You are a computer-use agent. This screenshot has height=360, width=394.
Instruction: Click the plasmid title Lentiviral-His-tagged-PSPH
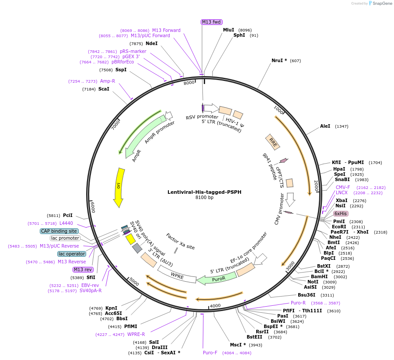204,192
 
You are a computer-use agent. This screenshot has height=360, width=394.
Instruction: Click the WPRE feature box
177,276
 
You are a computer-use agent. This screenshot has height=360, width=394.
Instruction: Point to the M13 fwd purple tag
212,22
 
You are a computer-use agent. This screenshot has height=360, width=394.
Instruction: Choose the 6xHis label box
340,213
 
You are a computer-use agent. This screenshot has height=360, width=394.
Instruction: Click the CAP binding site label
59,231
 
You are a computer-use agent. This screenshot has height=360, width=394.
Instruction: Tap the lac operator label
72,254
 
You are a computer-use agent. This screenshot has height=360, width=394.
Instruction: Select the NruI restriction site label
279,60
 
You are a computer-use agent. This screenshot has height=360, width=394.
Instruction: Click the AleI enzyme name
325,126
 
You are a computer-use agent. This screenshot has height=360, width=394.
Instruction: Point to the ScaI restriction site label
104,89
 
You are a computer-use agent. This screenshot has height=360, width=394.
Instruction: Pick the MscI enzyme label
238,345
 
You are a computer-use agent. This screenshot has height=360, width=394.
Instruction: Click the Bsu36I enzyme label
310,295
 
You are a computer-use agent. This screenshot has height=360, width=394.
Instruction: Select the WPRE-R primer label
136,335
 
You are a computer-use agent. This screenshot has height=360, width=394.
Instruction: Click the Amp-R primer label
108,81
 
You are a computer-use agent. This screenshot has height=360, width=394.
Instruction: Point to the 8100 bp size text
204,198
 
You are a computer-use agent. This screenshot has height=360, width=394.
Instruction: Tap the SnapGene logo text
379,3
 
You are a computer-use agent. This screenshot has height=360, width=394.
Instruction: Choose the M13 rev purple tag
83,269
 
